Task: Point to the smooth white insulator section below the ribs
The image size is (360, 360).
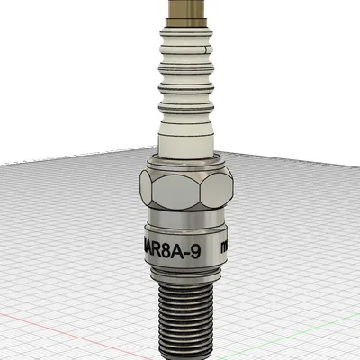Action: pos(186,135)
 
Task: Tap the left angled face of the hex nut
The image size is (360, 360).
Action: pos(148,190)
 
